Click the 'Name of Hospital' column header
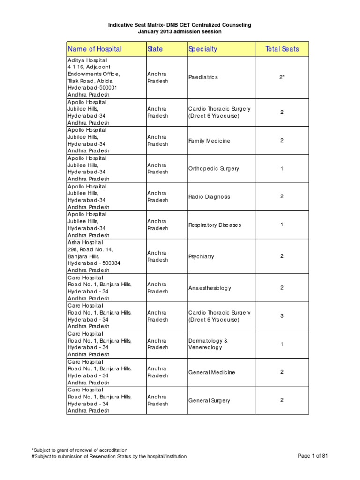pos(95,49)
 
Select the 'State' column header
pos(155,49)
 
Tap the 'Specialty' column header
pos(202,49)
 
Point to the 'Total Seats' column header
pos(282,49)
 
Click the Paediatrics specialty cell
pos(203,77)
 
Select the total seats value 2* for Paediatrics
pos(282,77)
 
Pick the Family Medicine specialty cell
pos(209,141)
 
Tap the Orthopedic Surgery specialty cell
pos(213,169)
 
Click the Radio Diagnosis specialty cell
pos(209,197)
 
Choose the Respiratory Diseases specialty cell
pos(214,225)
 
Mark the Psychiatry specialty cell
pos(201,256)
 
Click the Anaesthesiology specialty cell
pos(210,288)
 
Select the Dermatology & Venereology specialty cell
pos(208,344)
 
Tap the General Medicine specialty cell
pos(211,372)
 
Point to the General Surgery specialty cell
pos(209,401)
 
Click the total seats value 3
pos(282,316)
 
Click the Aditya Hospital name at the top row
pos(87,60)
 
